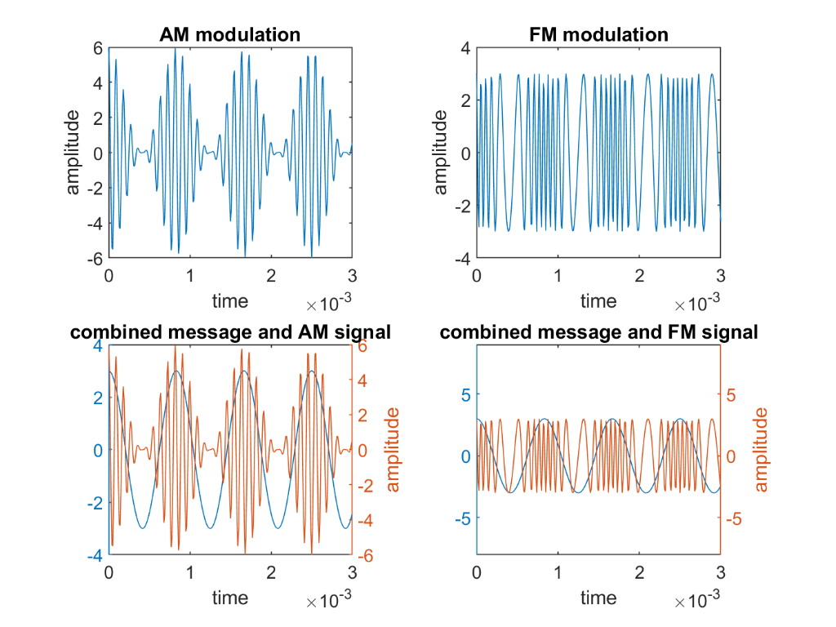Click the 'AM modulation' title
[x=230, y=34]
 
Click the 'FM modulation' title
[x=598, y=34]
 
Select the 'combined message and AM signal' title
[x=230, y=332]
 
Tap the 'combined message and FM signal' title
[x=598, y=332]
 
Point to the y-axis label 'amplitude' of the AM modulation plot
[x=73, y=153]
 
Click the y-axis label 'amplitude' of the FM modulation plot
[x=441, y=153]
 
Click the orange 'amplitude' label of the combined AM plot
[x=392, y=450]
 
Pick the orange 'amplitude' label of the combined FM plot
[x=761, y=450]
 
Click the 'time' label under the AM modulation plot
[x=230, y=300]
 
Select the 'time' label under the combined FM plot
[x=598, y=598]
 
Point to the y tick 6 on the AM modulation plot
[x=96, y=48]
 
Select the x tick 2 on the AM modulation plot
[x=271, y=275]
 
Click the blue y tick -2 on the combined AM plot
[x=93, y=502]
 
